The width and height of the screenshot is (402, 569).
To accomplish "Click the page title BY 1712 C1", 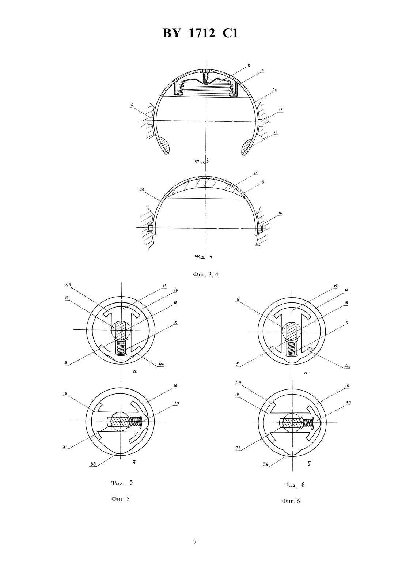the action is click(200, 33).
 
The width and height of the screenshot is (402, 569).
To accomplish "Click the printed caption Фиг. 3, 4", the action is click(205, 274).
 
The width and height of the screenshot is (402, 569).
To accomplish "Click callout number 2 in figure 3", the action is click(249, 65).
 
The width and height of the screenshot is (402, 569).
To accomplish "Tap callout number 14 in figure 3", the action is click(276, 133).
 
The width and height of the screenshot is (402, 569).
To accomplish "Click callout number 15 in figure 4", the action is click(255, 173).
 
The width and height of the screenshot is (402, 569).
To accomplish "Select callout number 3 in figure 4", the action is click(263, 182).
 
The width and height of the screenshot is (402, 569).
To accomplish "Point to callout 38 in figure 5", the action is click(94, 464).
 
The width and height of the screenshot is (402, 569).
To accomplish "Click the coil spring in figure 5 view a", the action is click(121, 348).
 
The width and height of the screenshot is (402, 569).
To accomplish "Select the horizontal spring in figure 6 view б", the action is click(308, 423).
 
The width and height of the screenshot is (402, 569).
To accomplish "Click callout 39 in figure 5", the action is click(177, 403).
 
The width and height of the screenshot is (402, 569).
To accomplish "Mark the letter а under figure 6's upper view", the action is click(306, 373).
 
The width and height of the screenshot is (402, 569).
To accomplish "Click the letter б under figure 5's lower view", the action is click(134, 462).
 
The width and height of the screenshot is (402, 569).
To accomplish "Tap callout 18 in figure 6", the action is click(346, 303).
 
